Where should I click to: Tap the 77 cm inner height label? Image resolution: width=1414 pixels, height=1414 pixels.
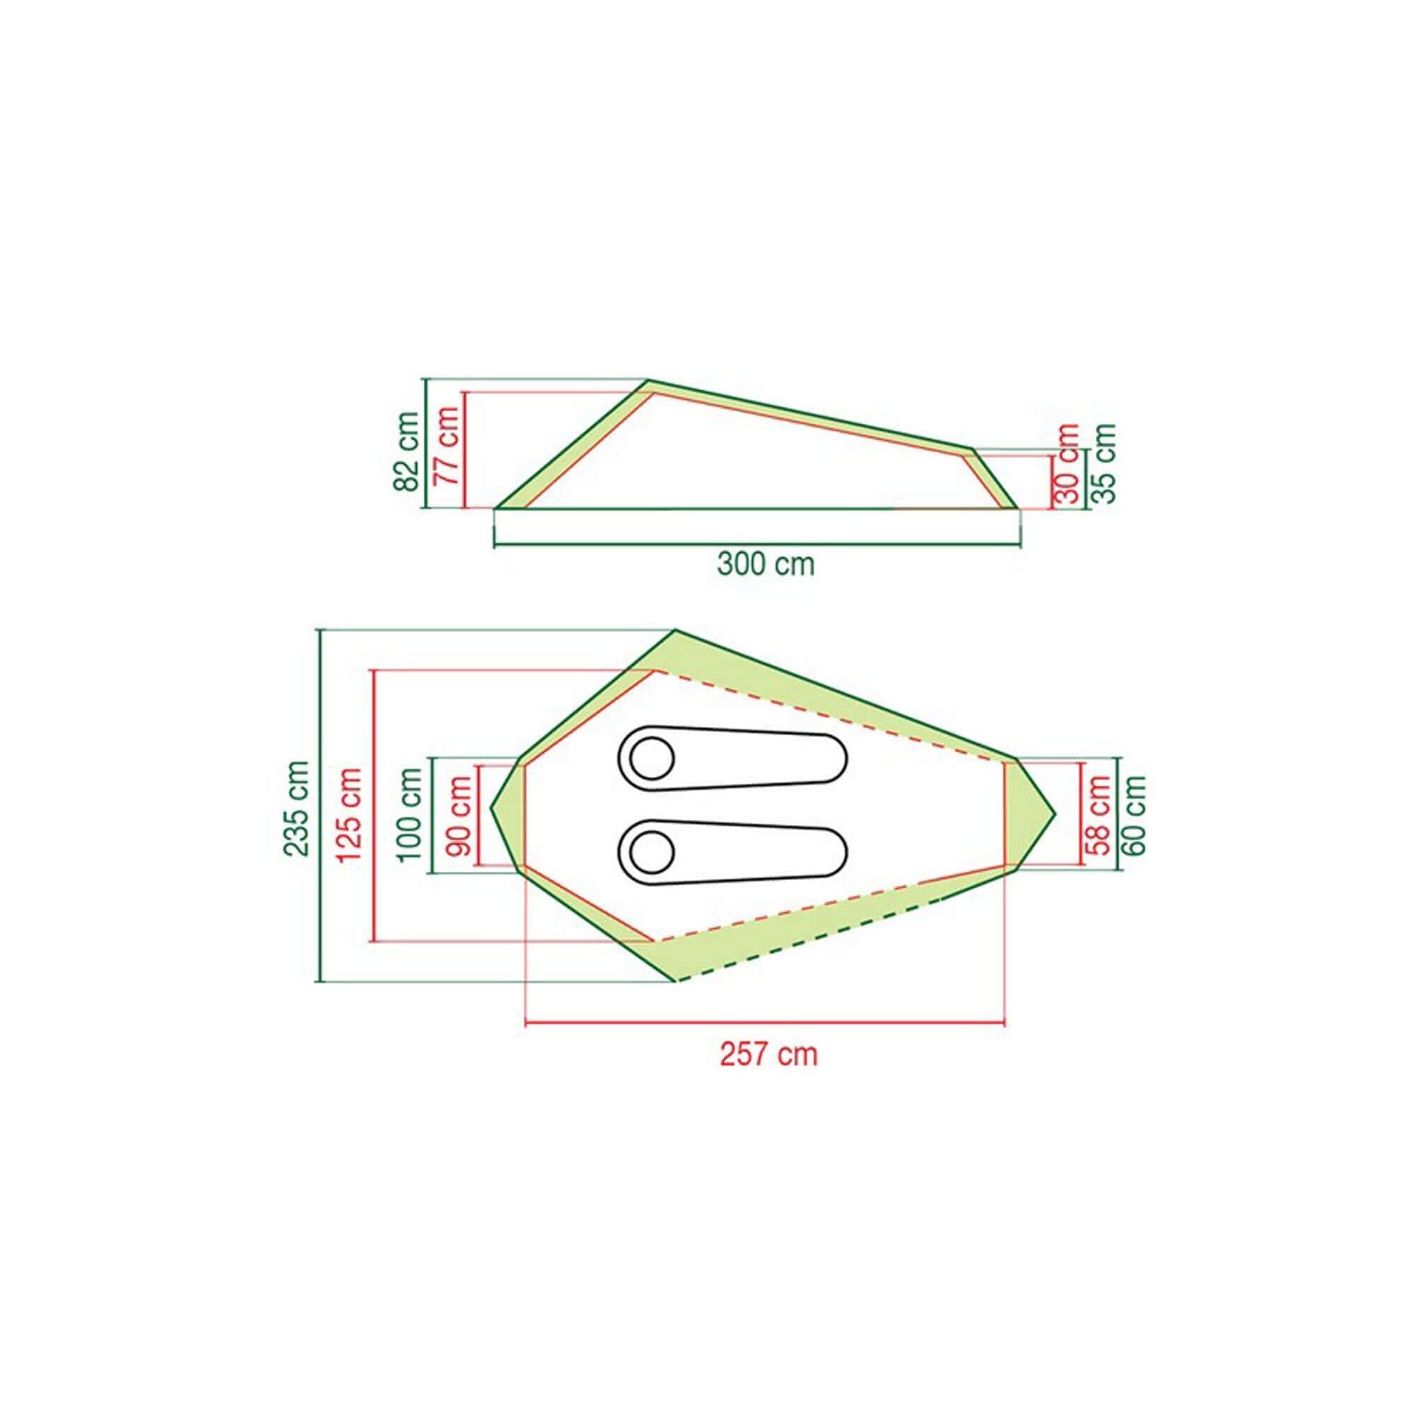point(445,445)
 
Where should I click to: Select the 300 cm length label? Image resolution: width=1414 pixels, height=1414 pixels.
point(766,565)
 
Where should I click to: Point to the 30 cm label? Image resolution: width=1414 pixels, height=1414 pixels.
point(1068,463)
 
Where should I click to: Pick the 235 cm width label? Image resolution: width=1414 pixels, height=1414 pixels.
point(297,808)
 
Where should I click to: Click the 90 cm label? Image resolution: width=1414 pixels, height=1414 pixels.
point(459,817)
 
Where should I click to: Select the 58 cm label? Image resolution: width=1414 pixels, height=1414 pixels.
point(1099,816)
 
